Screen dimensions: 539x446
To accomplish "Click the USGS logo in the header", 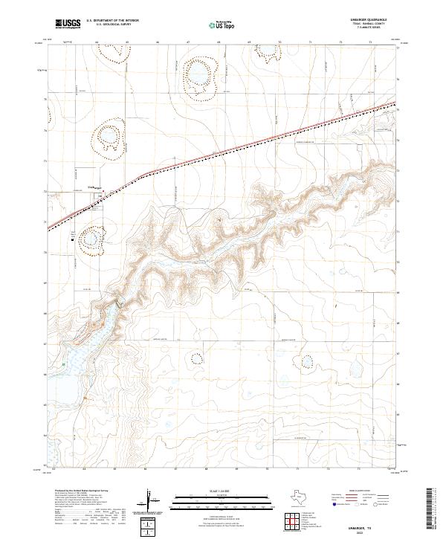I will coord(68,24).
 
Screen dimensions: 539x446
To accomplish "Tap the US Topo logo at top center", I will coord(223,25).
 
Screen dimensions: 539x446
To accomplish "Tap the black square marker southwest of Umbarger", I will coord(71,239).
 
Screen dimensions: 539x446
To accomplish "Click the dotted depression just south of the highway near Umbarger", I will coord(94,239).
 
